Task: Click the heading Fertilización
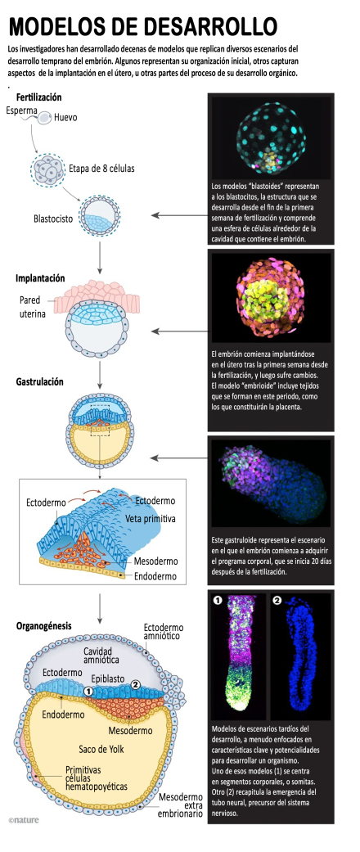(x=38, y=98)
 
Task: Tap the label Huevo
(x=65, y=117)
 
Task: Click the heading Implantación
(x=40, y=278)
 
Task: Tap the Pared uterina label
(x=33, y=306)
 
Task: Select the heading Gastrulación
(x=39, y=382)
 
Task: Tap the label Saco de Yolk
(x=101, y=750)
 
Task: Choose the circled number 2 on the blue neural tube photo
(x=277, y=601)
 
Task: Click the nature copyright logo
(x=24, y=819)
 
